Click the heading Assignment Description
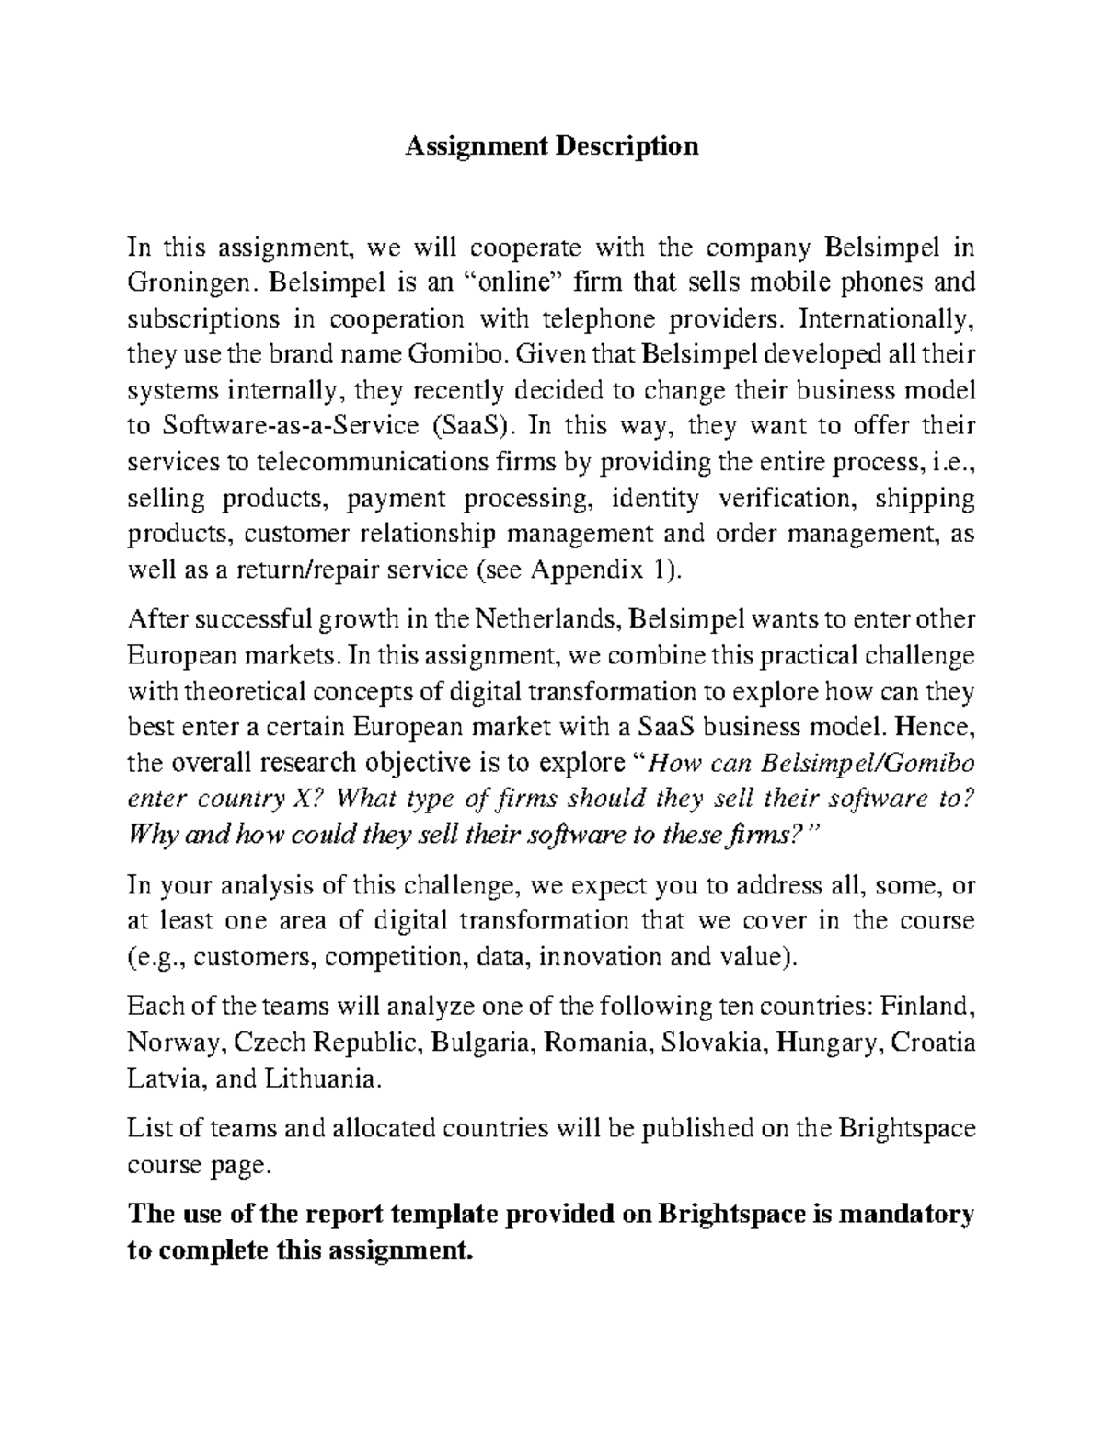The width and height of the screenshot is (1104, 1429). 552,146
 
